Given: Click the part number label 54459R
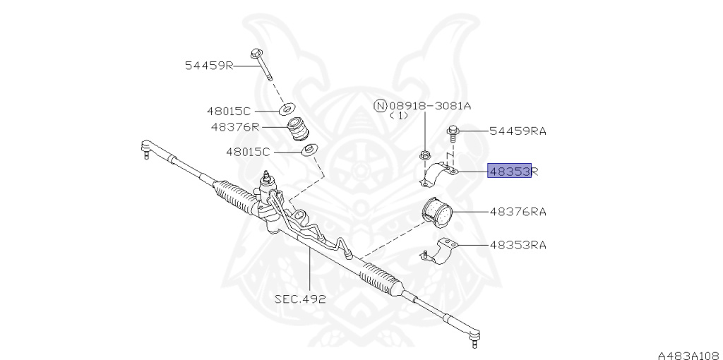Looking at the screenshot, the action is (209, 66).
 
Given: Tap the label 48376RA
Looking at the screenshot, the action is (518, 212).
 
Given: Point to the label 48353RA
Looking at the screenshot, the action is (518, 245).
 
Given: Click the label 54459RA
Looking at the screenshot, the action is (518, 131).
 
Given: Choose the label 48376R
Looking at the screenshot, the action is (235, 126).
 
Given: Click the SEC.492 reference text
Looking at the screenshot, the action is (300, 299).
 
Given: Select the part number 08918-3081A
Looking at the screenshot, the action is (429, 106).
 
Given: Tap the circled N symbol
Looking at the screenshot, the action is (379, 107).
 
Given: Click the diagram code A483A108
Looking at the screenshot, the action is (689, 355).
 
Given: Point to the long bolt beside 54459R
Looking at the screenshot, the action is (261, 64).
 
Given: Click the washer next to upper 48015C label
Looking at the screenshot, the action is (287, 110).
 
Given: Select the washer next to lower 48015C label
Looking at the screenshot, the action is (309, 150).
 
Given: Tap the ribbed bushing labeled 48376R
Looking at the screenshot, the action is (298, 129).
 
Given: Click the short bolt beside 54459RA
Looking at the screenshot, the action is (452, 135).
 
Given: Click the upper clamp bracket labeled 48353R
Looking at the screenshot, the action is (438, 174).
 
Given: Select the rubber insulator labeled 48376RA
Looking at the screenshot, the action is (437, 212).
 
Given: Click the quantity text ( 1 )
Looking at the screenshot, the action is (399, 116).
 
